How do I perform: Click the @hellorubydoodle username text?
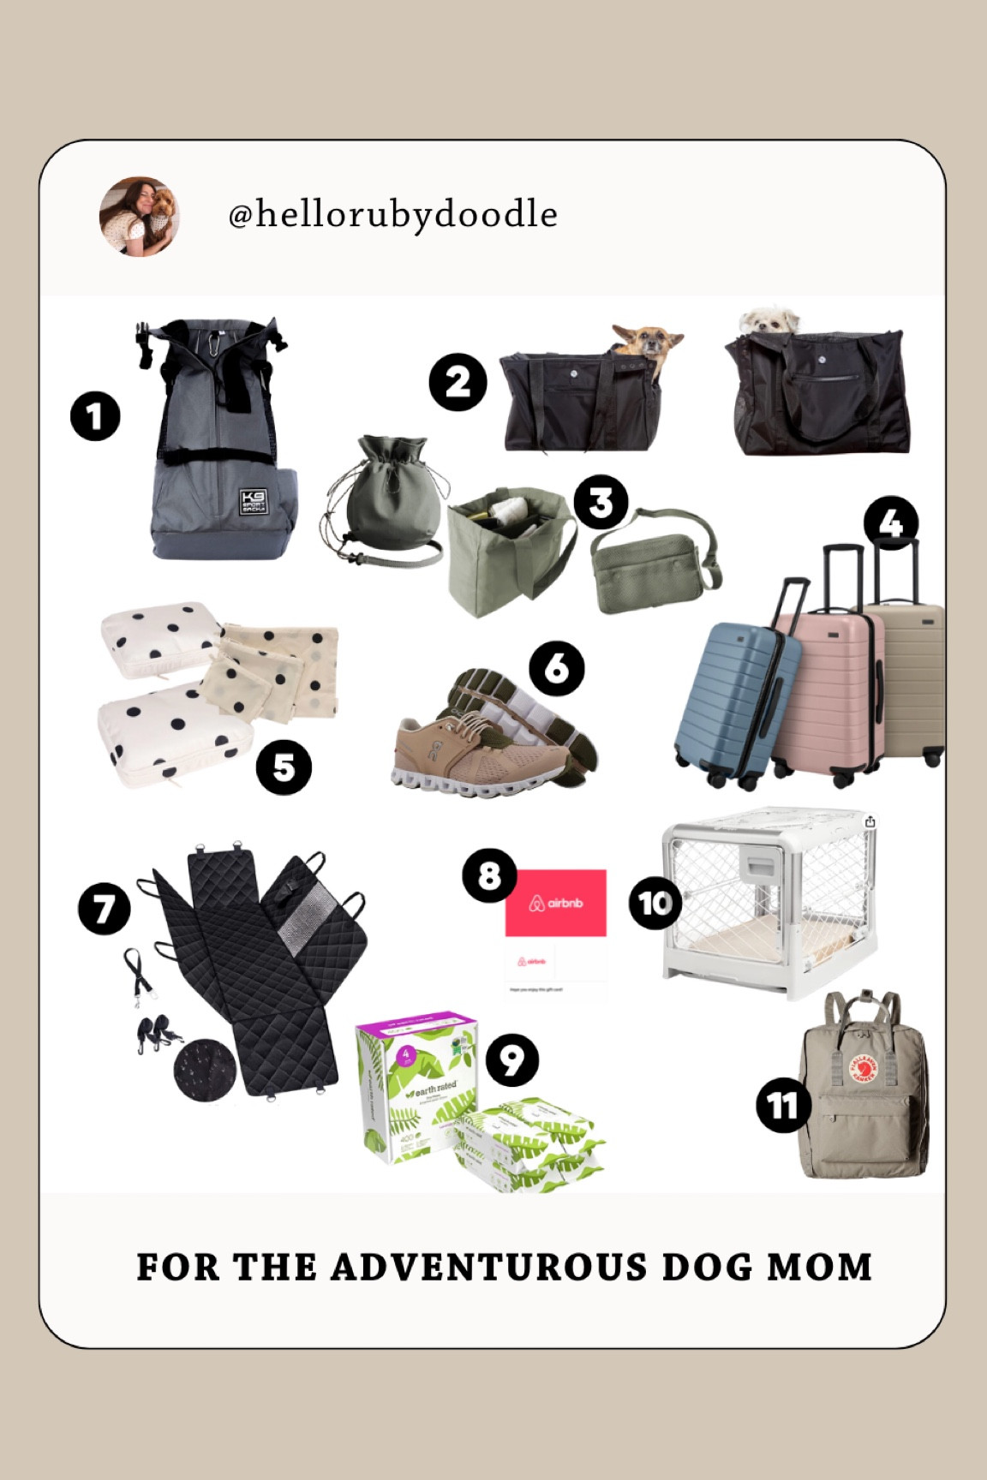click(x=392, y=215)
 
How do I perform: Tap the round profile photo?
click(x=139, y=217)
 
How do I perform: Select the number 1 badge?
click(x=95, y=417)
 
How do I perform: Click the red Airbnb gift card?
click(x=556, y=903)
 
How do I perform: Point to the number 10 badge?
click(x=655, y=903)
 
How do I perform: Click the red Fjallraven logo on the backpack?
click(x=864, y=1071)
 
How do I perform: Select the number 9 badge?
click(x=511, y=1060)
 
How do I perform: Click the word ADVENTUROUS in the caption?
click(x=488, y=1268)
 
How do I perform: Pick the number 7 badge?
click(x=105, y=909)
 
